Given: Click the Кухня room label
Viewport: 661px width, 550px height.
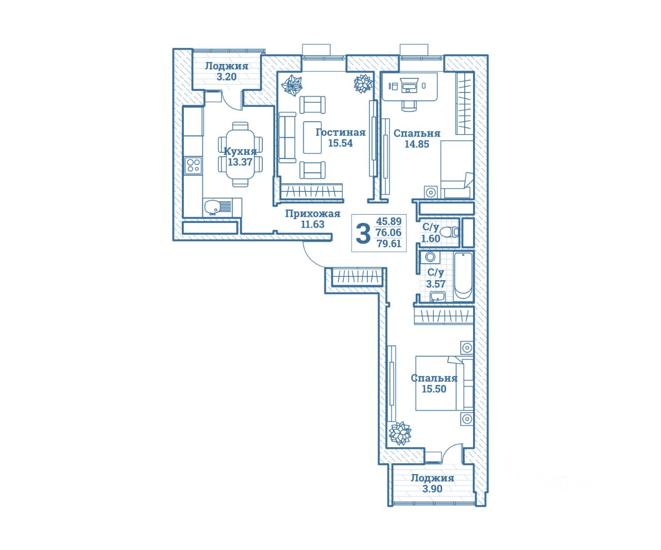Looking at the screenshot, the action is tap(240, 151).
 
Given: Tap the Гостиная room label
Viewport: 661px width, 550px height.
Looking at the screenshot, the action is tap(340, 132).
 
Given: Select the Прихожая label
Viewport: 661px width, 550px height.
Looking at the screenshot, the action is tap(312, 214).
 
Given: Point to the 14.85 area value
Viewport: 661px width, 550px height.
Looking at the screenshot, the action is tap(416, 144).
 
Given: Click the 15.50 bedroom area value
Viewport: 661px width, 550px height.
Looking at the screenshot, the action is tap(434, 389).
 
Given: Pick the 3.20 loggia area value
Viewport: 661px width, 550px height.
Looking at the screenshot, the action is tap(226, 77).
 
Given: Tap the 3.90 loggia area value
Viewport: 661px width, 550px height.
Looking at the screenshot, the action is tap(432, 489).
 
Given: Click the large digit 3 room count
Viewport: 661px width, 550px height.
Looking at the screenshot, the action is tap(364, 233).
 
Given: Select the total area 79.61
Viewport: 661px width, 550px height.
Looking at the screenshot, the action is tap(389, 244).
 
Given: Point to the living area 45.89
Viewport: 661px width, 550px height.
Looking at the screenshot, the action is tap(389, 221).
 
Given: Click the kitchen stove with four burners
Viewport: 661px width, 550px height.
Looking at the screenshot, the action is tap(194, 165).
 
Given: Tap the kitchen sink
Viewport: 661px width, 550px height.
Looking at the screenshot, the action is tap(212, 207).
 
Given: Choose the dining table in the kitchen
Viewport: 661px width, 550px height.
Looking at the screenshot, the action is tap(240, 154).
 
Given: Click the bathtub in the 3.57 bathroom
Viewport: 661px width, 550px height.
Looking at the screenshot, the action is tap(463, 276).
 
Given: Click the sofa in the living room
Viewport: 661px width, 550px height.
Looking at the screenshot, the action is tap(286, 137).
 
